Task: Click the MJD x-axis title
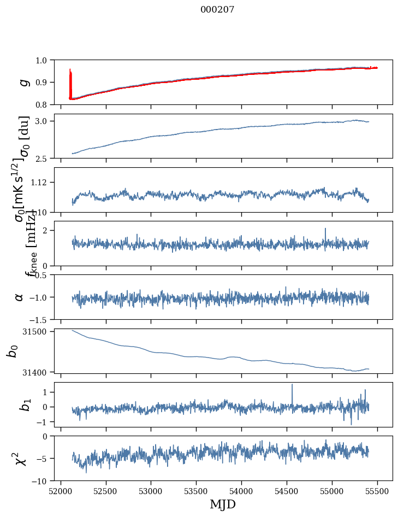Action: click(x=223, y=504)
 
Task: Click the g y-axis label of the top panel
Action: click(x=23, y=82)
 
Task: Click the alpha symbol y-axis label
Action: click(x=20, y=297)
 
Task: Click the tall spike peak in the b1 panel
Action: click(x=292, y=385)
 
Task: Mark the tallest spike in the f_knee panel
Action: click(x=325, y=229)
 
